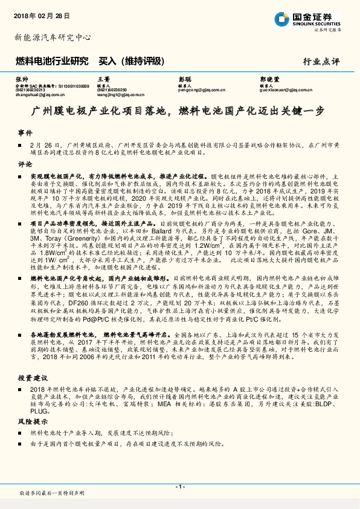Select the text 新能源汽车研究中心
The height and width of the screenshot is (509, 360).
click(53, 37)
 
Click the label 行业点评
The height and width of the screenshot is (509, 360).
click(321, 61)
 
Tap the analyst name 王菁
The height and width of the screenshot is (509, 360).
click(103, 79)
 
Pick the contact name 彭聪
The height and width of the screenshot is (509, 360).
click(184, 79)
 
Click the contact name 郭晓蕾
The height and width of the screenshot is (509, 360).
click(269, 79)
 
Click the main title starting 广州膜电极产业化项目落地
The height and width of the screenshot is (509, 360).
click(179, 112)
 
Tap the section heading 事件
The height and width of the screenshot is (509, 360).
click(25, 132)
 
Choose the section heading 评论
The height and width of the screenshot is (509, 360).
click(25, 163)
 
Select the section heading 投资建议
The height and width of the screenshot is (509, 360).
click(32, 375)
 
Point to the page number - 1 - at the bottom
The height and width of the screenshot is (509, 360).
click(179, 486)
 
